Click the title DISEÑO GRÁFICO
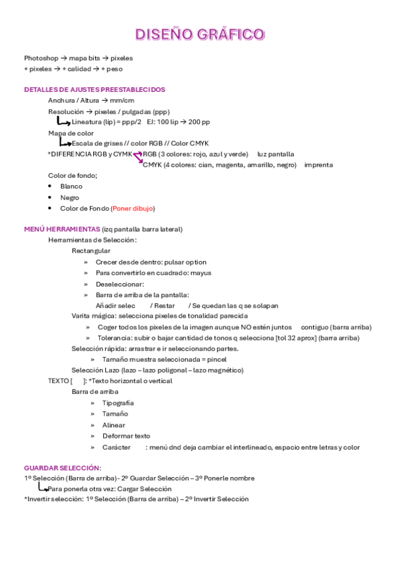200,34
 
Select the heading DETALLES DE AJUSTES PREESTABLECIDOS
95,89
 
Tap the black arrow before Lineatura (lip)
63,122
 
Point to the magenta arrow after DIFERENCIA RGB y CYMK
138,157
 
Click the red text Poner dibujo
133,209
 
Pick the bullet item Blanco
71,187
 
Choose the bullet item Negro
70,198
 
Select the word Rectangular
91,251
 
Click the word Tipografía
118,403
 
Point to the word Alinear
113,425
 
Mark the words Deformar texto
126,436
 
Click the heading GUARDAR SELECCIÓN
62,468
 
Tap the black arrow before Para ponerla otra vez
42,488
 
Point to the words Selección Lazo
95,370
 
